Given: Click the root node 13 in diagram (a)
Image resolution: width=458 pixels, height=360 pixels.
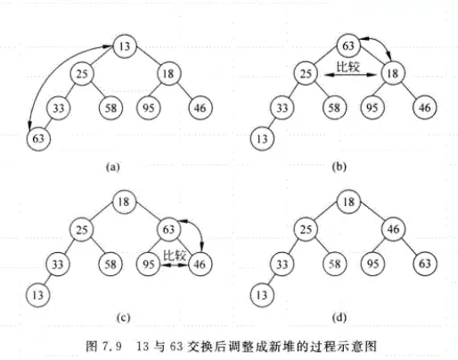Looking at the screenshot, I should click(124, 45).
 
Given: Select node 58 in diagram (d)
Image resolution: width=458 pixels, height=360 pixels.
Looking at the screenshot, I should click(332, 264).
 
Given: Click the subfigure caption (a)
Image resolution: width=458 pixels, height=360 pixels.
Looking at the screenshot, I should click(111, 166).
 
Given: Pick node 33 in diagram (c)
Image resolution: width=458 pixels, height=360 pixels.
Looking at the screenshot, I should click(56, 264).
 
